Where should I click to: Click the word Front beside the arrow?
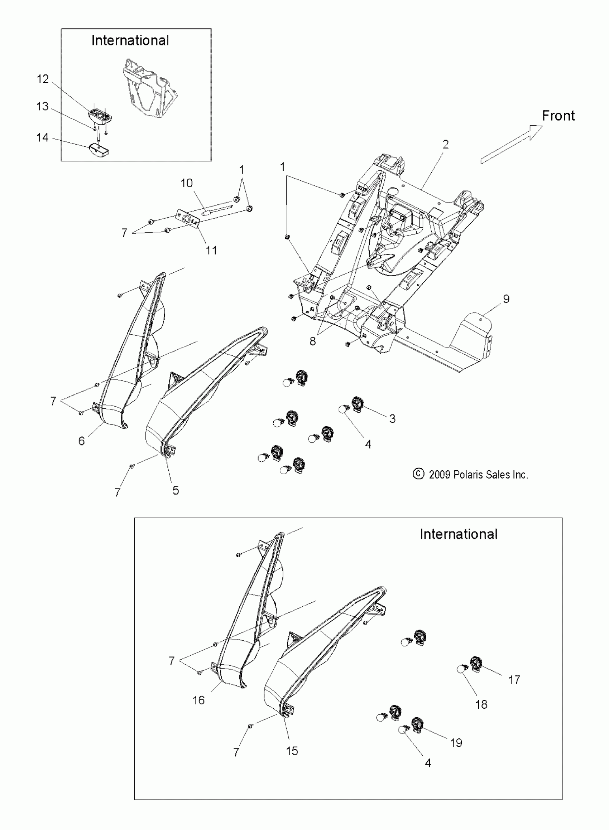coord(558,116)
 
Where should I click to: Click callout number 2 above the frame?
coord(445,144)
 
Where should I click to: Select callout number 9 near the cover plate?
coord(506,299)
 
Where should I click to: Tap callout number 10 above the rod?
coord(187,183)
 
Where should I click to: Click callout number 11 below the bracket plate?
coord(211,251)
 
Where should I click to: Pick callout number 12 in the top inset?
coord(43,79)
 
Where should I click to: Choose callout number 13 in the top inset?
coord(42,106)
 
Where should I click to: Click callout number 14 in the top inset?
coord(42,138)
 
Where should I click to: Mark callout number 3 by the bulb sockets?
coord(392,419)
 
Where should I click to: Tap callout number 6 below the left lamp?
coord(81,441)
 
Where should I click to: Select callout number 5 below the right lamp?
coord(176,490)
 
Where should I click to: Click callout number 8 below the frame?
coord(313,341)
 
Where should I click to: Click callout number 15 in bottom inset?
coord(292,751)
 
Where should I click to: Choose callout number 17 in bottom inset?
coord(514,680)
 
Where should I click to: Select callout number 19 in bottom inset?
coord(456,742)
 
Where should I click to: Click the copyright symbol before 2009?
coord(418,474)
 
